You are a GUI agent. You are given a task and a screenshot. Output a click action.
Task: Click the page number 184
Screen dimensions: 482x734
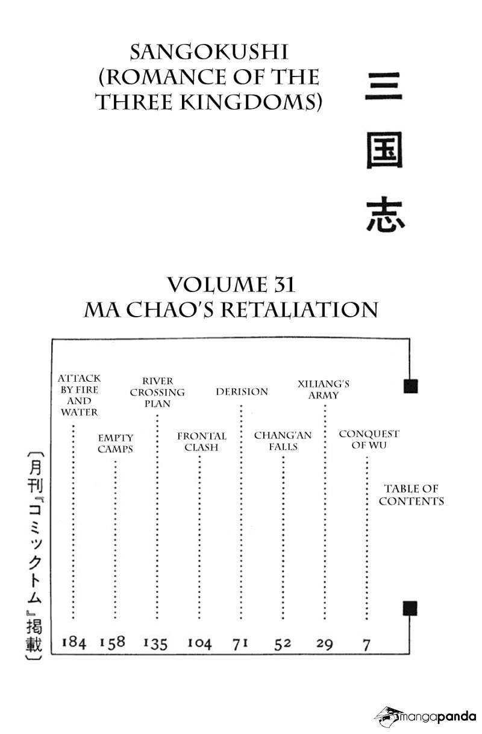tap(74, 642)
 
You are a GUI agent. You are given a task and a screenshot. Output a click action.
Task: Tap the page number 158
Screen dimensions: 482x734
tap(113, 642)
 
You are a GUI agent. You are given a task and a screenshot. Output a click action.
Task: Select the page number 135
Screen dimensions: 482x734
tap(155, 643)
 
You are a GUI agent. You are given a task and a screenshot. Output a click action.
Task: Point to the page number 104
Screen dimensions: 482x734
tap(199, 643)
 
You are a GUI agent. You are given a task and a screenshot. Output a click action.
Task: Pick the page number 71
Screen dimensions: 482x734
tap(240, 644)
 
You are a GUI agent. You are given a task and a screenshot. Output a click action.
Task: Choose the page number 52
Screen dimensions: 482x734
tap(283, 644)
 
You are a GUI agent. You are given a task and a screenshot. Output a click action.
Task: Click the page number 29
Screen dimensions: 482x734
tap(325, 644)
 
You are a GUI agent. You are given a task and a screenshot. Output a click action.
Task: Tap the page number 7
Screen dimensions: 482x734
tap(366, 644)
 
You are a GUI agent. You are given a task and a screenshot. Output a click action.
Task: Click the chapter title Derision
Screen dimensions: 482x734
tap(242, 391)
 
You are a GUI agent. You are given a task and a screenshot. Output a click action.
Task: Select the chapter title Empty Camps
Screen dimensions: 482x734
tap(116, 443)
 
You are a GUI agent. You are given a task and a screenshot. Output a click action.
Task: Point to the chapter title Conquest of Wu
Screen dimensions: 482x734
tap(369, 440)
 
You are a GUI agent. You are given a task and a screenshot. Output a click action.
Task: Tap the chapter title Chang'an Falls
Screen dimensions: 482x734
tap(283, 441)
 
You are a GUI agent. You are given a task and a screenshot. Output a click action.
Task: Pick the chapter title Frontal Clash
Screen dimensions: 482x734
tap(202, 441)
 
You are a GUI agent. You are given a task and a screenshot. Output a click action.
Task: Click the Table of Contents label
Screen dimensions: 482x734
tap(411, 495)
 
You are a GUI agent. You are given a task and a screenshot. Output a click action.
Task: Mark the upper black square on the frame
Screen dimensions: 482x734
tap(410, 386)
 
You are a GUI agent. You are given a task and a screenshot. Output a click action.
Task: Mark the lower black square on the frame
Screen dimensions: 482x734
tap(410, 608)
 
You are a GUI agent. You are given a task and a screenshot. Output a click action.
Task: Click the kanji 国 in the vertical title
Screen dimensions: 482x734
tap(384, 151)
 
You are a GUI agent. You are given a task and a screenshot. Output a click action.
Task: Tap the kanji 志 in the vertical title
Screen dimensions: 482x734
tap(385, 214)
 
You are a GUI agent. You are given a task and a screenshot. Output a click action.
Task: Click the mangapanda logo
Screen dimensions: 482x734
tap(425, 717)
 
